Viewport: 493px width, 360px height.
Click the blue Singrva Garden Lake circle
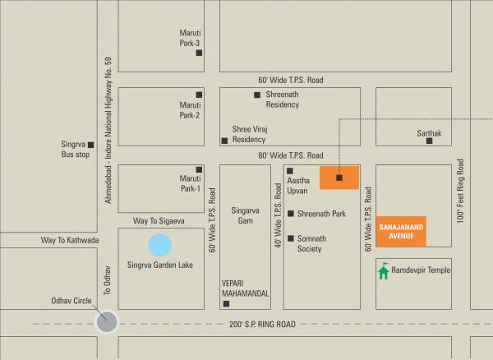click(x=160, y=245)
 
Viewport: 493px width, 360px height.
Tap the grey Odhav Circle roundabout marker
click(x=106, y=322)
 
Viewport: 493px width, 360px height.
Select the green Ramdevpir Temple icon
click(x=383, y=270)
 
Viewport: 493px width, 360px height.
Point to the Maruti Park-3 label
click(x=190, y=38)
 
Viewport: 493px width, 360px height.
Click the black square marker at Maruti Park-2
click(x=199, y=94)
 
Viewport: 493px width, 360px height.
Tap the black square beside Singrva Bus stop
click(x=91, y=145)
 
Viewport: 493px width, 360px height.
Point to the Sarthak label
click(x=429, y=132)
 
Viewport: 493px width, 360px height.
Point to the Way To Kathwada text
click(x=70, y=241)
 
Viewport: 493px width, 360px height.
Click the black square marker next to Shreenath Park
click(x=290, y=214)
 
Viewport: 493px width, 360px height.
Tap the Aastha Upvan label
click(x=297, y=186)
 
